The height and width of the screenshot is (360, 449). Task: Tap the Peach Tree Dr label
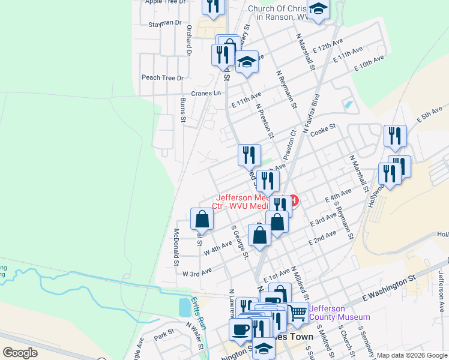pos(162,78)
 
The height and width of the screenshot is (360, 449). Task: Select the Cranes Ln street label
pos(206,93)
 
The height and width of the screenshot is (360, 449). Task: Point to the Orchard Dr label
pos(188,41)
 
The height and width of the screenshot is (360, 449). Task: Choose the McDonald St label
pos(176,246)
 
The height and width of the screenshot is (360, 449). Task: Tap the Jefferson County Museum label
pos(340,313)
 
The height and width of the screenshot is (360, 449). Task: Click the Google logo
pos(20,353)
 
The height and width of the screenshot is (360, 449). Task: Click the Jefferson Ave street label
pos(441,292)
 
